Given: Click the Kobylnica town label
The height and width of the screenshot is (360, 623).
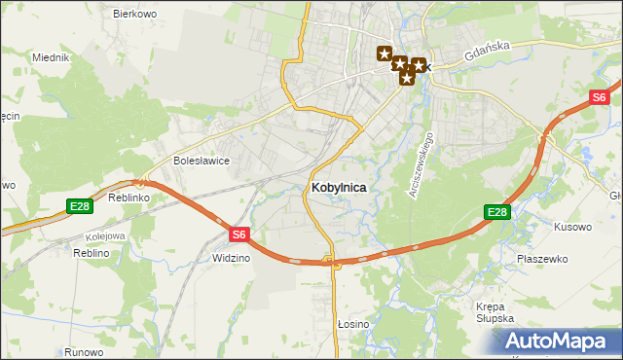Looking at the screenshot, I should [339, 188].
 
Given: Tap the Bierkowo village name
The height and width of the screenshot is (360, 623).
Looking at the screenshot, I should [134, 15].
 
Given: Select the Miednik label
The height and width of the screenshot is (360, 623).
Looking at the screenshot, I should [50, 57].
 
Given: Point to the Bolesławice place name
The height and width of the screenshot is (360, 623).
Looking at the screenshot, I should [201, 162].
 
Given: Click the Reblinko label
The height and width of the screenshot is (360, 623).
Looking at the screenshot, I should [128, 197].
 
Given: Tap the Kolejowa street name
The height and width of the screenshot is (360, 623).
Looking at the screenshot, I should [106, 235].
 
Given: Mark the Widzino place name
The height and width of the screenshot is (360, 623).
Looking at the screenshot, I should [232, 259].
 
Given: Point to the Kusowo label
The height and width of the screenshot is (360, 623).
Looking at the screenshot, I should [572, 227].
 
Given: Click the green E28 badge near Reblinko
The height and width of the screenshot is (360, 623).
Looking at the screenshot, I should [80, 206].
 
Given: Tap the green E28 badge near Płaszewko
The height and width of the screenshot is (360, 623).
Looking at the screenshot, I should [496, 212].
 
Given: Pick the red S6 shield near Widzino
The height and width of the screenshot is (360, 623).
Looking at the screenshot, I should [240, 234].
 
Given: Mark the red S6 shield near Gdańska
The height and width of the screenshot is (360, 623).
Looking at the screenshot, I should [600, 97].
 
